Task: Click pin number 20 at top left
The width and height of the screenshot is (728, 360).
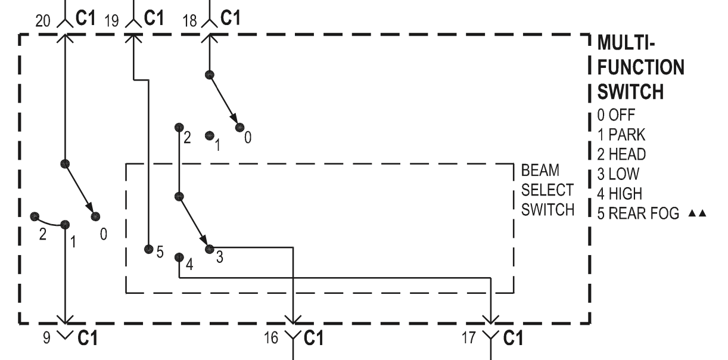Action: pyautogui.click(x=43, y=21)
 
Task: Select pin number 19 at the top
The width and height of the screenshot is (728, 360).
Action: pyautogui.click(x=111, y=21)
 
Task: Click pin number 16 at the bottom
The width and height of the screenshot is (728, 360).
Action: pyautogui.click(x=271, y=339)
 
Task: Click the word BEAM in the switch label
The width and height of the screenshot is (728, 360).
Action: pyautogui.click(x=540, y=172)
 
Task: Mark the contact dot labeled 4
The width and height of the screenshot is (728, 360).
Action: pyautogui.click(x=179, y=257)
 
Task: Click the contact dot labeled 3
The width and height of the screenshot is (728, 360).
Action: pyautogui.click(x=209, y=249)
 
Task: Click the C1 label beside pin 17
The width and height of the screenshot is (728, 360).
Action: pyautogui.click(x=511, y=339)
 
